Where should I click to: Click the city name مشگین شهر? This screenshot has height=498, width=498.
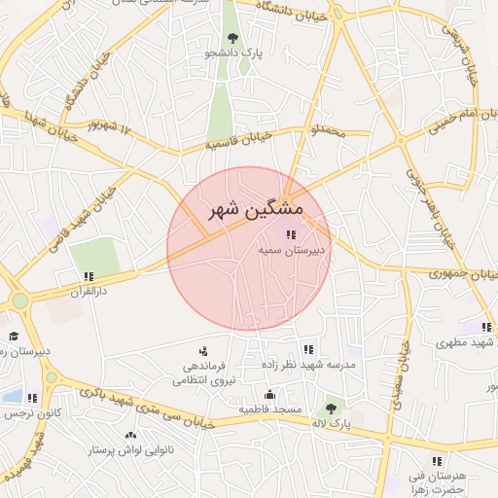(x=256, y=209)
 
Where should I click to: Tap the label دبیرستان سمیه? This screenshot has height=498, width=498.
(x=291, y=250)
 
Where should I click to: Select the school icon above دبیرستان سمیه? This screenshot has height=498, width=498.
(x=291, y=233)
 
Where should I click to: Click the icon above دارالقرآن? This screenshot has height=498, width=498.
(x=89, y=276)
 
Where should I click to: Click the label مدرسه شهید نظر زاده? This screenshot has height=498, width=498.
(x=308, y=364)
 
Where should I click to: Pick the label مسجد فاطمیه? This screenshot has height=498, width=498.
(x=269, y=409)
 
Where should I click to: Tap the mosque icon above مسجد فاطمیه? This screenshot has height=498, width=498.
(x=269, y=395)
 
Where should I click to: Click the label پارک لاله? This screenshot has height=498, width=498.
(x=332, y=424)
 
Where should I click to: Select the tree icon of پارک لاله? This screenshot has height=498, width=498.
(x=333, y=408)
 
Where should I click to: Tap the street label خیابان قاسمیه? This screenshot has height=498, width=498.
(x=232, y=144)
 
